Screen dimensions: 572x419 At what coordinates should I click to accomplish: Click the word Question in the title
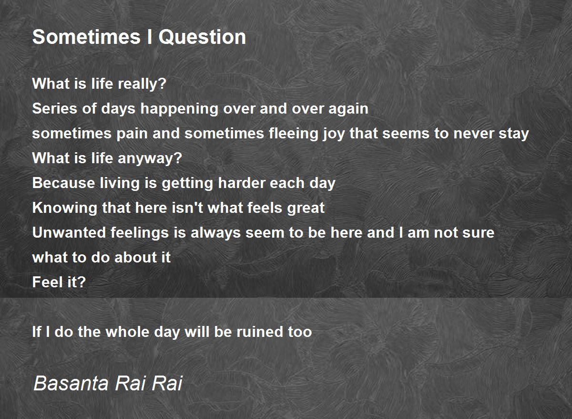click(x=202, y=37)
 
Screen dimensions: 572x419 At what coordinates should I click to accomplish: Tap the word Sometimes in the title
click(x=86, y=37)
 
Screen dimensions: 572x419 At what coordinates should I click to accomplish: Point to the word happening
click(x=179, y=109)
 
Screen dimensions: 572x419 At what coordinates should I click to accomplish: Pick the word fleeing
click(x=293, y=134)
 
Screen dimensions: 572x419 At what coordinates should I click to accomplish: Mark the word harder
click(x=241, y=183)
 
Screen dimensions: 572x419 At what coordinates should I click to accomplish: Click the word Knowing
click(x=65, y=208)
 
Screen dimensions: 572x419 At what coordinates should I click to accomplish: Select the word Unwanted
click(x=69, y=232)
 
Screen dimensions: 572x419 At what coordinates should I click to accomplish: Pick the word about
click(x=135, y=257)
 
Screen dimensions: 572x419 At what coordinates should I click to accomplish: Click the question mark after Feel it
click(x=81, y=282)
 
